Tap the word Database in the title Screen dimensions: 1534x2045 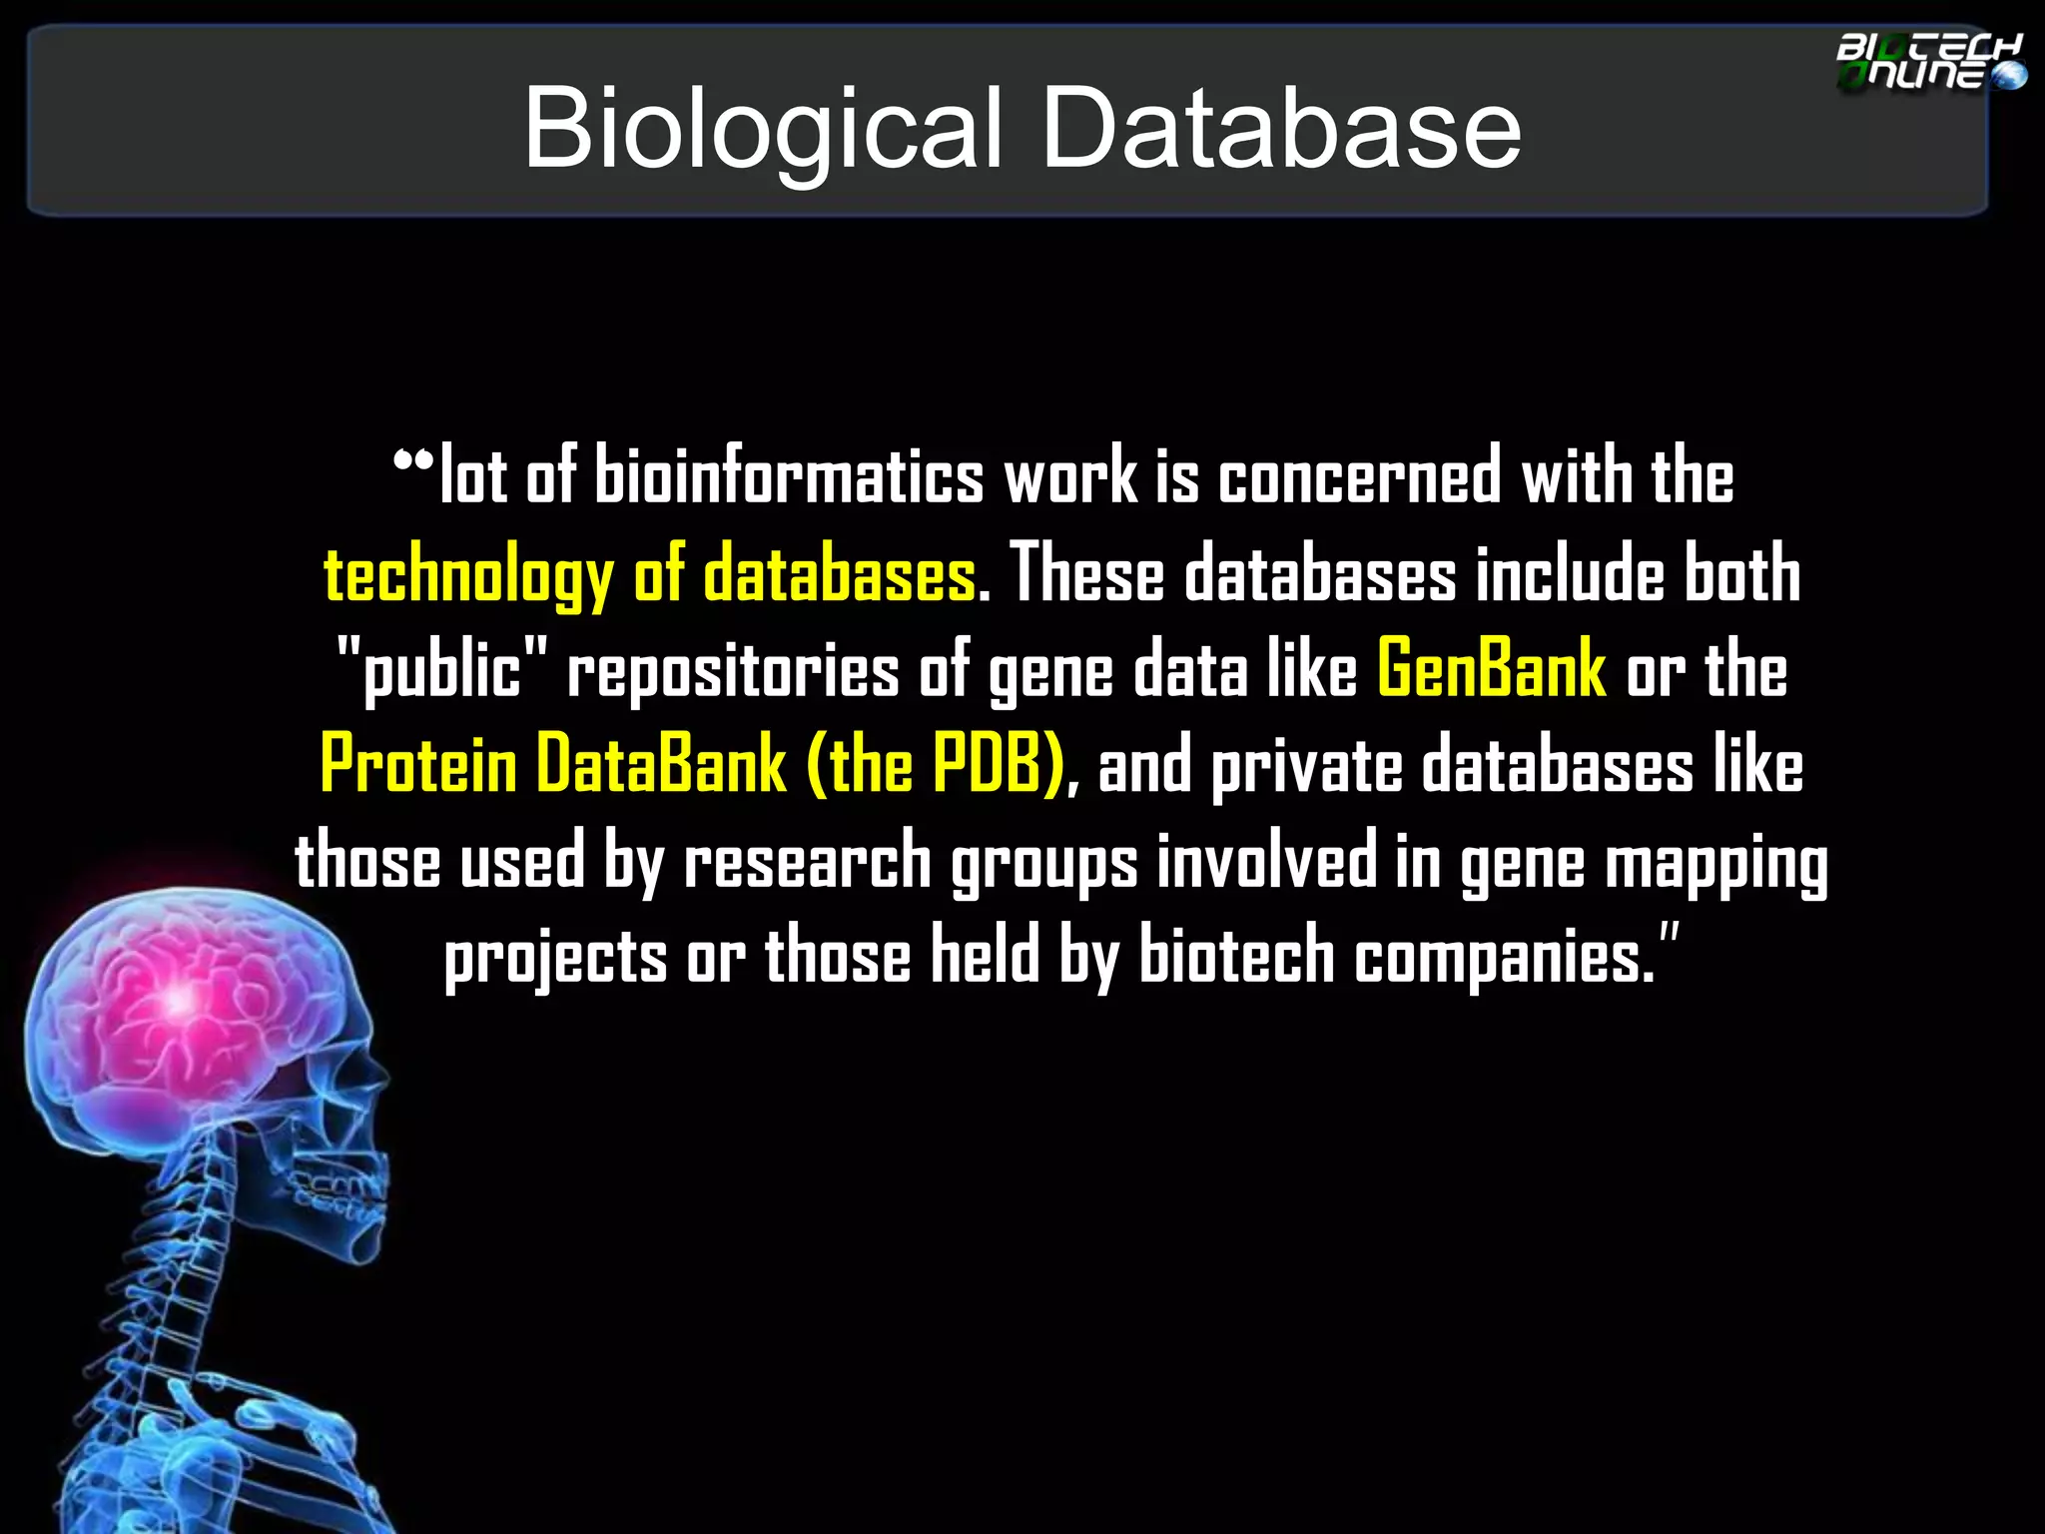(x=1281, y=128)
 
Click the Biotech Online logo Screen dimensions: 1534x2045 (x=1929, y=62)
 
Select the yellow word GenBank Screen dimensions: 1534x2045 (x=1492, y=669)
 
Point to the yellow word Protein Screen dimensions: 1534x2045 (x=418, y=765)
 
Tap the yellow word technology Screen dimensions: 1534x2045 (x=468, y=576)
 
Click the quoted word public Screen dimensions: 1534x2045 (x=443, y=669)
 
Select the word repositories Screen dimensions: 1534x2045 (x=733, y=669)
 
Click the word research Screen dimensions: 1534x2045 (x=807, y=862)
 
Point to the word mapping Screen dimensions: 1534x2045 (x=1716, y=862)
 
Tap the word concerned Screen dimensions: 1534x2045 (x=1359, y=476)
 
